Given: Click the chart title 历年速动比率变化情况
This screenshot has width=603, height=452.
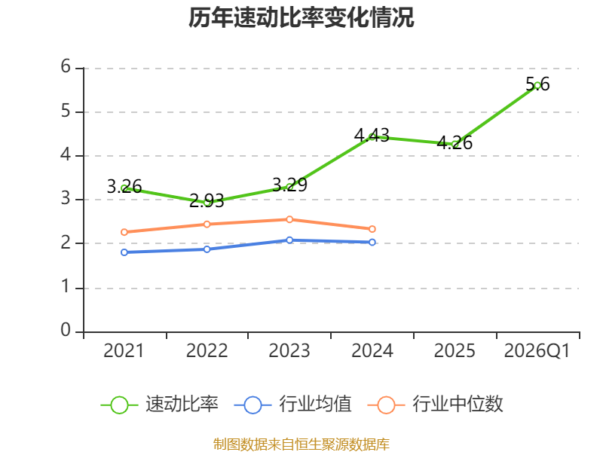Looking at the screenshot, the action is (x=301, y=17).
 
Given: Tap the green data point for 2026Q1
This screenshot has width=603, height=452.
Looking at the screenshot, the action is (x=537, y=85).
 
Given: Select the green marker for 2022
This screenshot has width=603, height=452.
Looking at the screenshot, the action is (x=207, y=202).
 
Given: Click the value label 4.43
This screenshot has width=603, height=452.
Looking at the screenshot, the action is (x=372, y=135).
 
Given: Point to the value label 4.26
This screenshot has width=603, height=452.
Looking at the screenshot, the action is (x=455, y=143).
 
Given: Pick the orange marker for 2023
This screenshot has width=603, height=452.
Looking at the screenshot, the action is (x=289, y=219).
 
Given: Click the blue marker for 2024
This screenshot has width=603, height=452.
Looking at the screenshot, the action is (x=372, y=242).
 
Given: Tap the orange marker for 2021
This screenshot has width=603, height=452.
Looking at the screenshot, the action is (x=124, y=232).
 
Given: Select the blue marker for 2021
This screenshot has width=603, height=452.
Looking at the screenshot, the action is (x=124, y=252).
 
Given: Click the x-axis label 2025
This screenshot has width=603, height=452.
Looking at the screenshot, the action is (x=455, y=351).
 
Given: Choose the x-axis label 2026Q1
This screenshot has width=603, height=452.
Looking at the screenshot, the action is (x=537, y=351).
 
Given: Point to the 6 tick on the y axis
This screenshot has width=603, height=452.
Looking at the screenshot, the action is (x=66, y=66).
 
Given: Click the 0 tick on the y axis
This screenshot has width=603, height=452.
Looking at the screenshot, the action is (x=66, y=330).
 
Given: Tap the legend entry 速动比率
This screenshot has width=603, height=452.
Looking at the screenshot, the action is (x=160, y=405).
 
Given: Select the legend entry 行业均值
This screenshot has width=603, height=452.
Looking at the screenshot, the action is (x=293, y=405).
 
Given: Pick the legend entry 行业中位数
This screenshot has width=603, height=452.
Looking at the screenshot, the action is (x=436, y=405).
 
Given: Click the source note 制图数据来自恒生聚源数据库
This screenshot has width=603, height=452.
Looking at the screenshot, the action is (x=301, y=444).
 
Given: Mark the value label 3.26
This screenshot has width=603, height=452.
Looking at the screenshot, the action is (x=124, y=187).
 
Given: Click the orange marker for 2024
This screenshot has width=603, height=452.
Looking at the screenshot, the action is (x=372, y=229).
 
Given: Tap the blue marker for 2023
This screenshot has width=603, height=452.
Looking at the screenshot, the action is (x=289, y=240).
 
